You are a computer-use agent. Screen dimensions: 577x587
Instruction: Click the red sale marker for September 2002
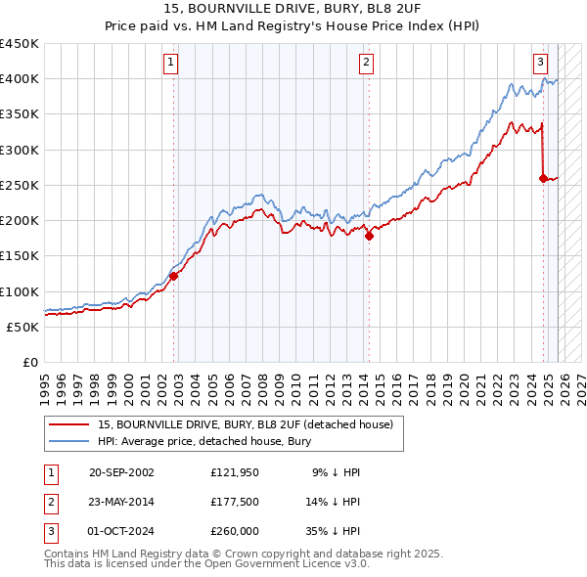[173, 276]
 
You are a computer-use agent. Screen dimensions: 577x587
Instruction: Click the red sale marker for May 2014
[369, 236]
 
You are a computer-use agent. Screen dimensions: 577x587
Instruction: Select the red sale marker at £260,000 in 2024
[543, 178]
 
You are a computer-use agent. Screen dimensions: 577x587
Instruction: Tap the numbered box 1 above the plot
[170, 63]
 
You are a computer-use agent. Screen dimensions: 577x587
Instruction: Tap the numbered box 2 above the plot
[366, 63]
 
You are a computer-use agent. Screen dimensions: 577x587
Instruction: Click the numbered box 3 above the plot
[540, 63]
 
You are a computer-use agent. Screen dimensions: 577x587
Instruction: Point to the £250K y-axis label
[20, 185]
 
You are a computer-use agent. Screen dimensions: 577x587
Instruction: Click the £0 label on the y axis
[29, 362]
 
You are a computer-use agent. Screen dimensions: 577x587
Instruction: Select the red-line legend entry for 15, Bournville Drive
[245, 424]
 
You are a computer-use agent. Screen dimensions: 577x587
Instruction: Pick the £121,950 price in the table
[235, 472]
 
